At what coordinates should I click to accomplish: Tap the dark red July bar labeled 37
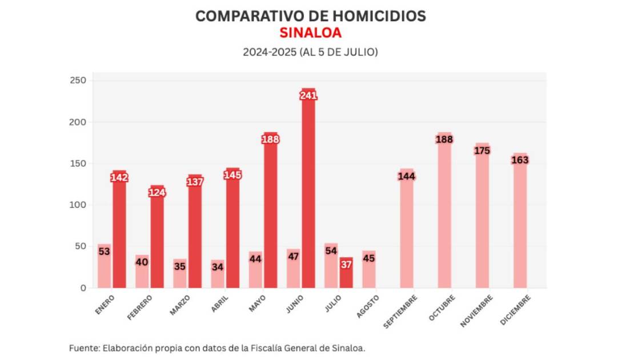346,274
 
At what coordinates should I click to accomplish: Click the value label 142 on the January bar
119,178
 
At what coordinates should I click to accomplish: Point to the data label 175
482,151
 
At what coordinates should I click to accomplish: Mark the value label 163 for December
520,161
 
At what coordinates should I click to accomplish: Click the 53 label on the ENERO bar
104,251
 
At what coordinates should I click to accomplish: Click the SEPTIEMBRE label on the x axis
400,311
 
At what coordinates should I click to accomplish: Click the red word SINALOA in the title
310,33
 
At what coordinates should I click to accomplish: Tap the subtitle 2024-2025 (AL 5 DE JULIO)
310,52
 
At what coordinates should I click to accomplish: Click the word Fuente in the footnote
83,347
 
